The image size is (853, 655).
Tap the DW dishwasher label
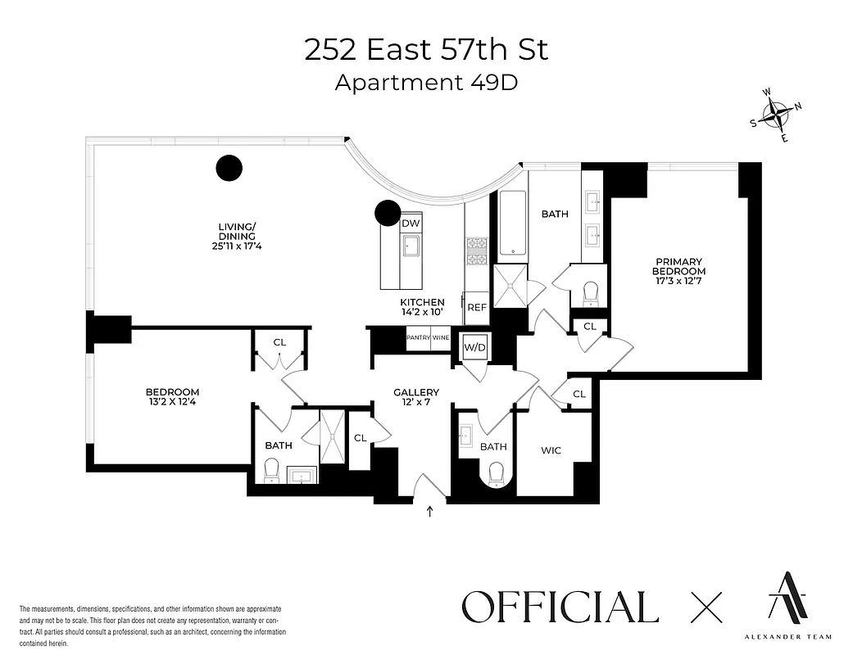[x=411, y=223]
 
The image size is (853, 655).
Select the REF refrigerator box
[x=476, y=308]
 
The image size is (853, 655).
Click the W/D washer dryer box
[x=475, y=347]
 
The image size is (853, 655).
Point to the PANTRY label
[x=418, y=337]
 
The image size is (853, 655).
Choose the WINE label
[x=441, y=337]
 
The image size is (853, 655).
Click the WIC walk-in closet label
[x=550, y=450]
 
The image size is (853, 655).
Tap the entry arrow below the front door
[x=429, y=513]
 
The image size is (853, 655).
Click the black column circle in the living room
[x=229, y=168]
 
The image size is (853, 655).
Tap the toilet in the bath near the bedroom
[x=271, y=471]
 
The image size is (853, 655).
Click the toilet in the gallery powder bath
[x=495, y=473]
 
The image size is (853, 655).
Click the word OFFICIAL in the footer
[x=560, y=608]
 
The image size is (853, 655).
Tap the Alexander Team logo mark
[x=785, y=595]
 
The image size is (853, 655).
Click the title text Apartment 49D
[x=426, y=84]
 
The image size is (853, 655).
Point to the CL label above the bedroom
[x=279, y=342]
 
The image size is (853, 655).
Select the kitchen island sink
[x=410, y=246]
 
